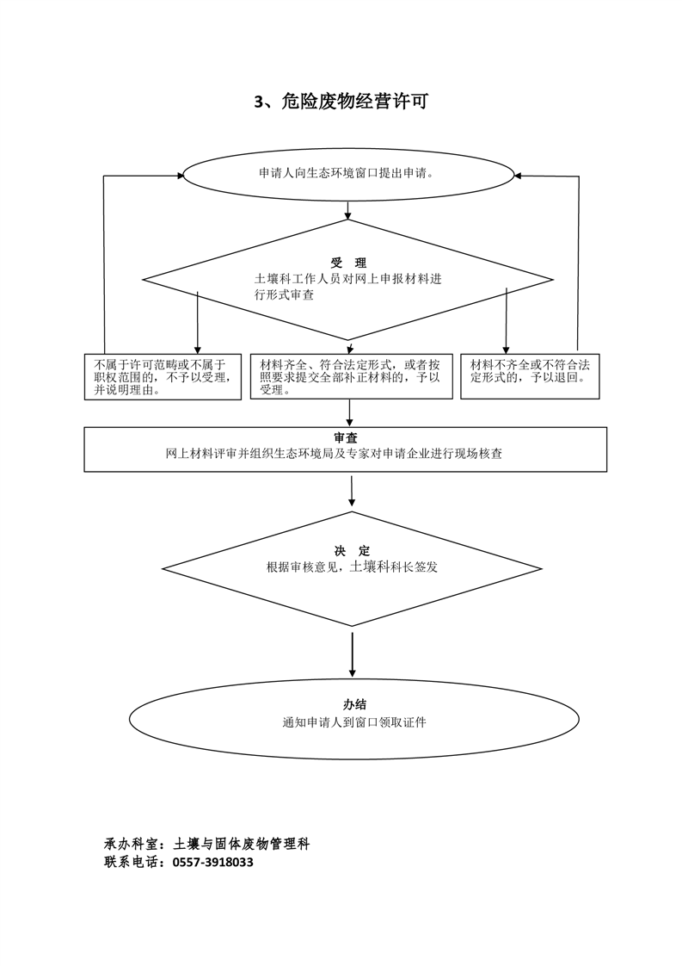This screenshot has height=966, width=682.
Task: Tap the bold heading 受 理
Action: coord(348,263)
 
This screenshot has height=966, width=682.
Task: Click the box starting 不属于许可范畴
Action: coord(163,377)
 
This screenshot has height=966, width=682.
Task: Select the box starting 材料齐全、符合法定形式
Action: coord(351,377)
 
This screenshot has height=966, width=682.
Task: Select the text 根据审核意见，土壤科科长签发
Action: coord(352,567)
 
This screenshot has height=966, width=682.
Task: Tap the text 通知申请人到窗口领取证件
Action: coord(354,722)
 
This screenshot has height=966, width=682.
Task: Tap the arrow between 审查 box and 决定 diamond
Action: coord(353,491)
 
